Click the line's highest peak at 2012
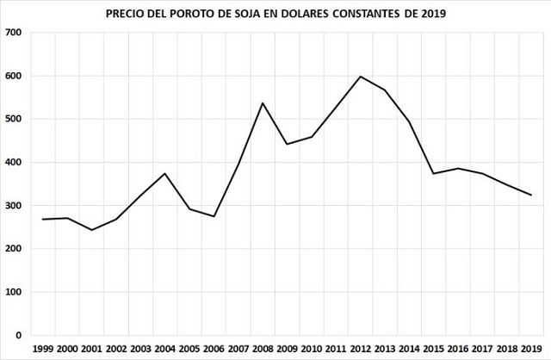[360, 77]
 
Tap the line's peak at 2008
[263, 103]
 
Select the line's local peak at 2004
[164, 173]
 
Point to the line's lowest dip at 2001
[92, 230]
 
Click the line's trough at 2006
[214, 216]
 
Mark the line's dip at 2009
[287, 144]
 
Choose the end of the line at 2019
[531, 196]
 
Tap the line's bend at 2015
[434, 173]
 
